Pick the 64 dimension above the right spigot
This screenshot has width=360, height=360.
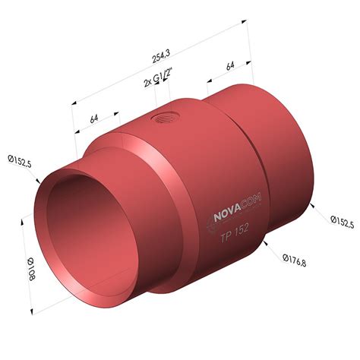tap(229, 68)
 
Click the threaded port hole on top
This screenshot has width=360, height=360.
tap(162, 118)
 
